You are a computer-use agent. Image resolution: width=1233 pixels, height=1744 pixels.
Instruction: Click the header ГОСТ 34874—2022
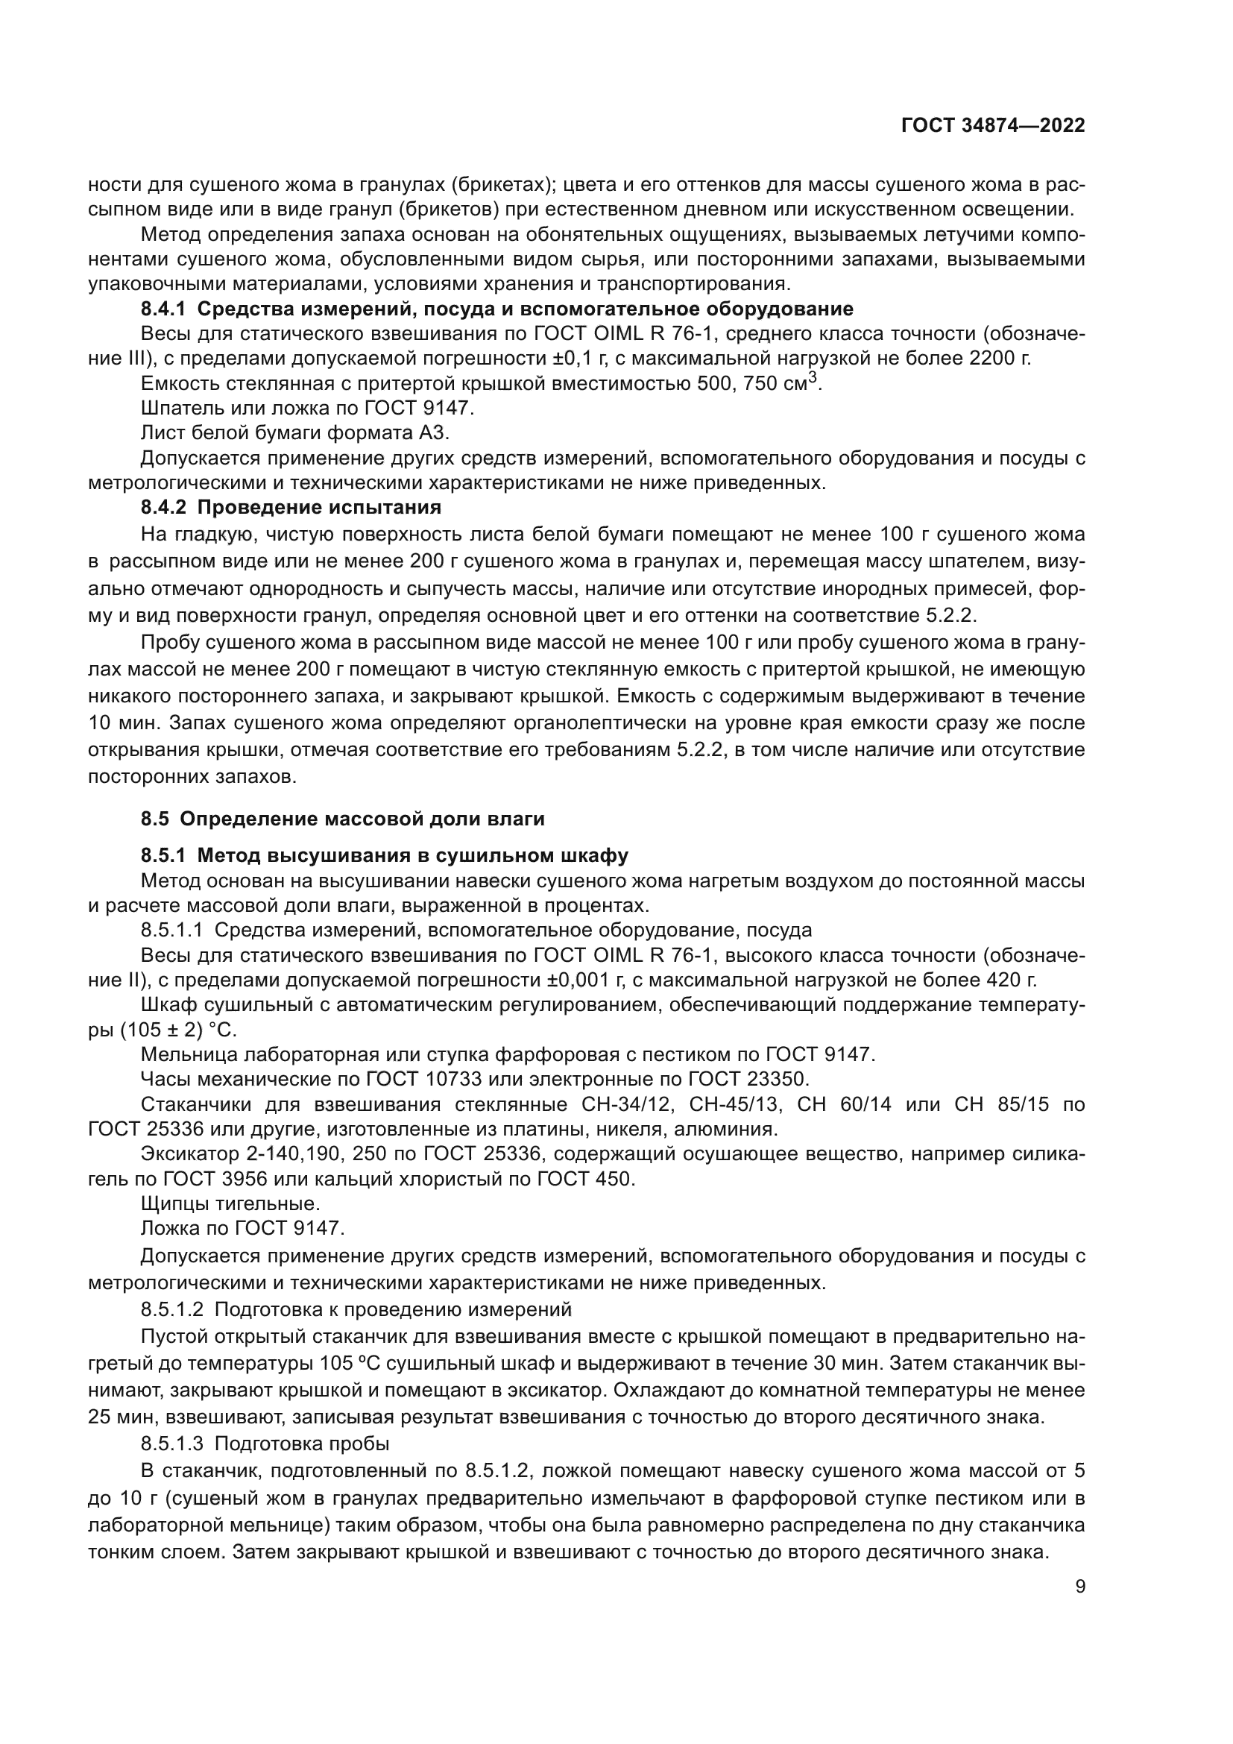pyautogui.click(x=992, y=126)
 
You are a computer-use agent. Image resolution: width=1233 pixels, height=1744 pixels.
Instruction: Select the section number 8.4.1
pyautogui.click(x=163, y=309)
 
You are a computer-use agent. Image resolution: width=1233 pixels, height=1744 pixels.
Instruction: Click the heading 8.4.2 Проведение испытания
pyautogui.click(x=291, y=506)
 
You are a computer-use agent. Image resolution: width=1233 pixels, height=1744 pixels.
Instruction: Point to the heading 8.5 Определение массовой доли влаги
pyautogui.click(x=342, y=819)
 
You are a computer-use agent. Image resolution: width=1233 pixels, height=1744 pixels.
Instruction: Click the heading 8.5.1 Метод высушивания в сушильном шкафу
pyautogui.click(x=384, y=856)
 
